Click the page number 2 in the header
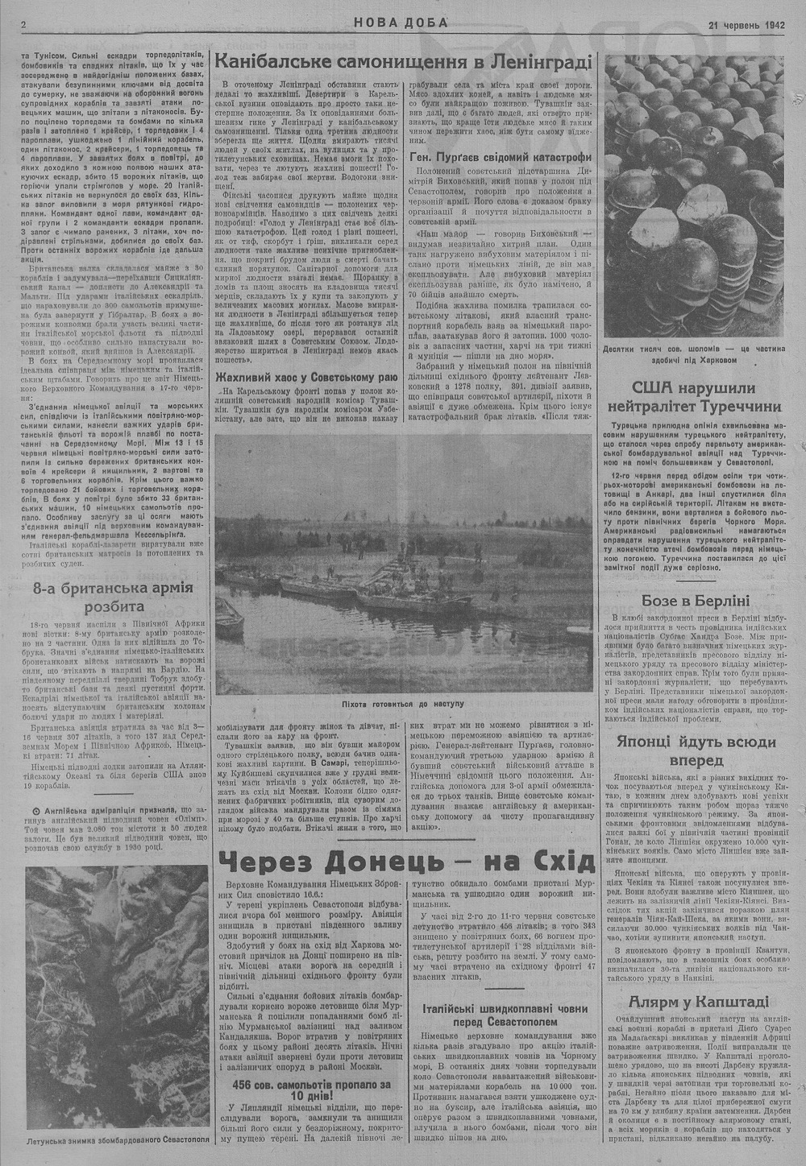click(x=24, y=23)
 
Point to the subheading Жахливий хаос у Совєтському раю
click(x=306, y=377)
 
